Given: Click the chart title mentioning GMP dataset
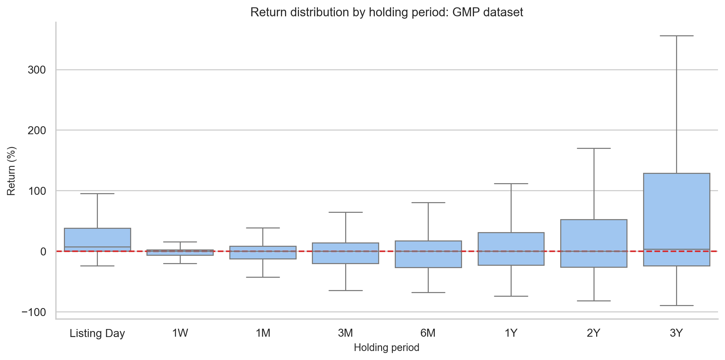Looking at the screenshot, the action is click(386, 12).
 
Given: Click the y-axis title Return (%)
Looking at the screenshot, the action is click(11, 171).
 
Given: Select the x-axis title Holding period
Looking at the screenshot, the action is click(386, 348).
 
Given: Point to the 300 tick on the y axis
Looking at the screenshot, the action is click(37, 70).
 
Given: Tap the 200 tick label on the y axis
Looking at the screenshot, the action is click(37, 130).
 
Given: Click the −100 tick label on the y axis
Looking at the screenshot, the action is click(34, 312).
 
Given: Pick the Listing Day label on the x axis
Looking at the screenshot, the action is click(97, 333).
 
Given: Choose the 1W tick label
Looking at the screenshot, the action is click(180, 333).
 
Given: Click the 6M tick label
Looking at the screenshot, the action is click(428, 333).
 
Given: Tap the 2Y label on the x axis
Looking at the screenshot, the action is click(594, 333).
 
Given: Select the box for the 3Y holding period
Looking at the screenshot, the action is click(676, 219).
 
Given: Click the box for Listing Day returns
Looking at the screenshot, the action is click(97, 239).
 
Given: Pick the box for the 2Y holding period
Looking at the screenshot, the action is click(594, 243).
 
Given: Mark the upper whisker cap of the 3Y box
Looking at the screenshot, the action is click(676, 36).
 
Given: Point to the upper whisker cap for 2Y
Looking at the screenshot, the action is click(594, 148).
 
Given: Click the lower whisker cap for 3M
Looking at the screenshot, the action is click(346, 290).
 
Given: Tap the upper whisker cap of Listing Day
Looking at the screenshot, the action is click(97, 193).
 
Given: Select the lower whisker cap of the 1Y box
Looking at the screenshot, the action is click(511, 296).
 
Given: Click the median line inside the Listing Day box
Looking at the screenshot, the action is click(97, 247).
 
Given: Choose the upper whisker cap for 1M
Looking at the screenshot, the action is click(263, 228).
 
